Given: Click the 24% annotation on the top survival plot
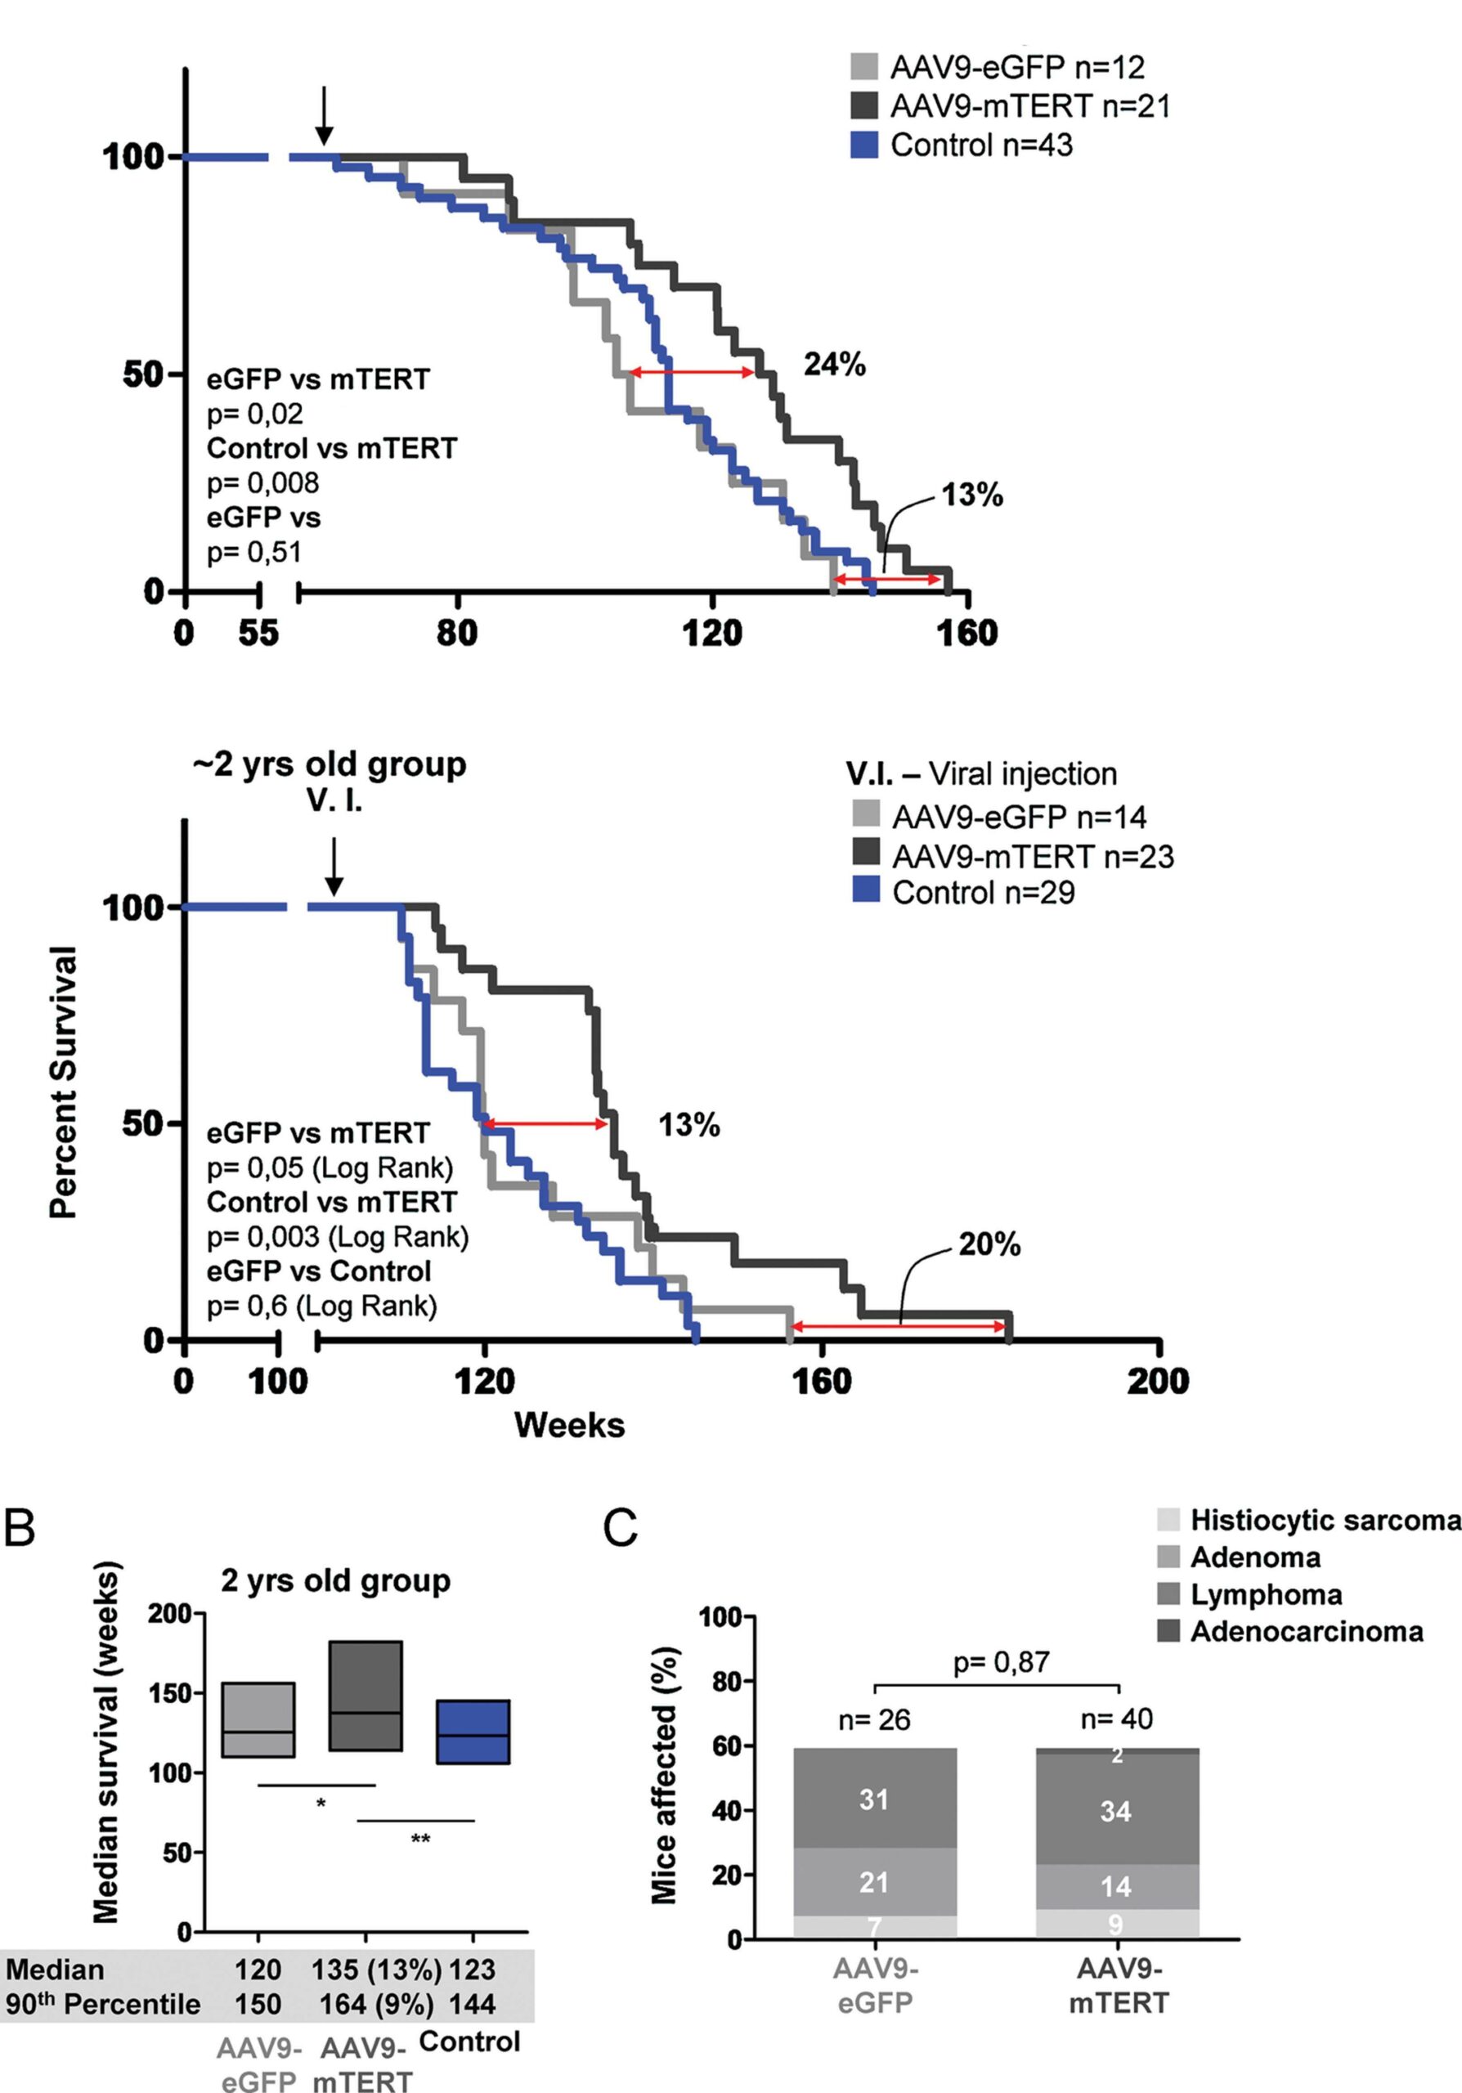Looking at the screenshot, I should [834, 365].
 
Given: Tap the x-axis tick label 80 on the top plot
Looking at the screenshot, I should [456, 633].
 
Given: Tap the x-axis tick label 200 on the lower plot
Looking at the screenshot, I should [1158, 1381].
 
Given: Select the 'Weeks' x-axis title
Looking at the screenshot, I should [570, 1425].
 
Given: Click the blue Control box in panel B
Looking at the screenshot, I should [473, 1731].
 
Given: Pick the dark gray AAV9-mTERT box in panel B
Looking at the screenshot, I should [365, 1696].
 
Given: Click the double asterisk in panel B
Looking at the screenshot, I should [420, 1840].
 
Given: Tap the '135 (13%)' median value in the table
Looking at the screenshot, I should [376, 1970].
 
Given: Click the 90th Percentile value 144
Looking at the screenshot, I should [472, 2004].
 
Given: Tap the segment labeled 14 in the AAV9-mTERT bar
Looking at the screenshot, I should [1117, 1886].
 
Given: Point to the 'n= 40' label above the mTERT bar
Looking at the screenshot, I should [1117, 1719].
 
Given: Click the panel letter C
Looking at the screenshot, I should [621, 1528].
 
